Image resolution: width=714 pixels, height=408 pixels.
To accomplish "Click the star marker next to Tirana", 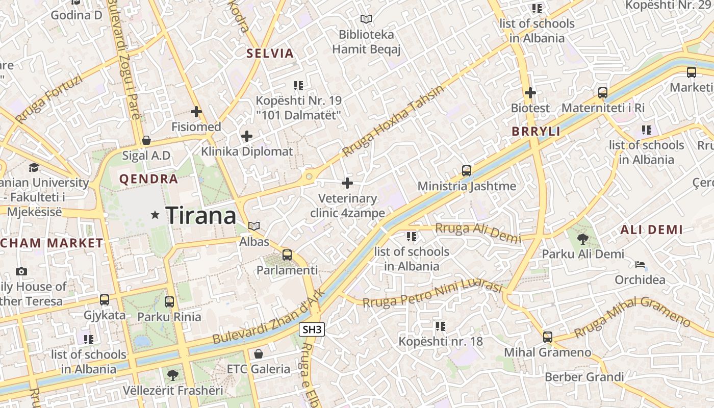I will pyautogui.click(x=155, y=216).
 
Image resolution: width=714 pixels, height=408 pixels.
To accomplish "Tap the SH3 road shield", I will pyautogui.click(x=312, y=330).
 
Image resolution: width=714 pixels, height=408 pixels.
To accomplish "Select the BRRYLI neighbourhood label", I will pyautogui.click(x=535, y=132).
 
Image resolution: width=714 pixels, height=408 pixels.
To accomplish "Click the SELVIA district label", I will pyautogui.click(x=270, y=54).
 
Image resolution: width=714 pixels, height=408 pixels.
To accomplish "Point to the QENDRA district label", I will pyautogui.click(x=148, y=179).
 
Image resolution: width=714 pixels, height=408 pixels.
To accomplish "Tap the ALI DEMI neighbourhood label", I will pyautogui.click(x=651, y=230).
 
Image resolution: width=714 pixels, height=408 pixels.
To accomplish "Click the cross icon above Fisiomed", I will pyautogui.click(x=196, y=112).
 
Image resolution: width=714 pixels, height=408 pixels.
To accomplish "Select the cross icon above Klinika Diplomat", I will pyautogui.click(x=247, y=136).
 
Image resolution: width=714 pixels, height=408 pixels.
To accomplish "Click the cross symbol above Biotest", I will pyautogui.click(x=530, y=93).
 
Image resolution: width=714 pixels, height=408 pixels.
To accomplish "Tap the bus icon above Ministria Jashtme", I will pyautogui.click(x=467, y=170).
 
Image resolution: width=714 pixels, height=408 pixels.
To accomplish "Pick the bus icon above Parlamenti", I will pyautogui.click(x=287, y=254).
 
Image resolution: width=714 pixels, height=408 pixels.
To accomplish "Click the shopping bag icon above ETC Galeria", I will pyautogui.click(x=259, y=353).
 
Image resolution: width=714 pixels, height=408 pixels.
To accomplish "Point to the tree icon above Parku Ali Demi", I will pyautogui.click(x=582, y=238).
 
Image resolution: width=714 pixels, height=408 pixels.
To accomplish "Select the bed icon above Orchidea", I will pyautogui.click(x=640, y=265).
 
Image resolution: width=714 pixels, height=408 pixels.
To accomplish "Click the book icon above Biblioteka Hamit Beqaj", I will pyautogui.click(x=366, y=19).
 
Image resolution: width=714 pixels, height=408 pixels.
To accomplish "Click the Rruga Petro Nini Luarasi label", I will pyautogui.click(x=432, y=294).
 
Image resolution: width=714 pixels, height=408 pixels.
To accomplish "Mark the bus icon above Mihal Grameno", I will pyautogui.click(x=547, y=337).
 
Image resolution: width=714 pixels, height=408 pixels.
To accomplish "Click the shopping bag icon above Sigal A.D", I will pyautogui.click(x=146, y=140).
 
